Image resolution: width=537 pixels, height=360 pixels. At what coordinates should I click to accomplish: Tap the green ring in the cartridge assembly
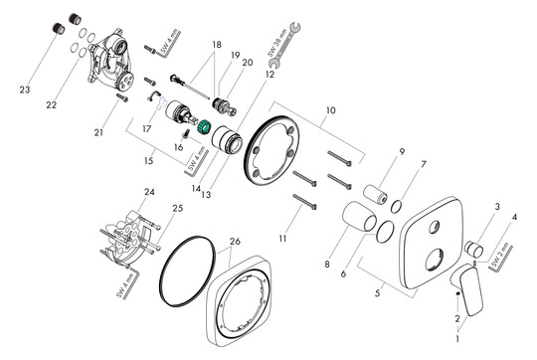tap(206, 128)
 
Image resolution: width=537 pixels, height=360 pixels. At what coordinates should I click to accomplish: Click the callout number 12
tap(269, 73)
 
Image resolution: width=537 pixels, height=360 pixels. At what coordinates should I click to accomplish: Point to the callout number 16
tap(179, 146)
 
